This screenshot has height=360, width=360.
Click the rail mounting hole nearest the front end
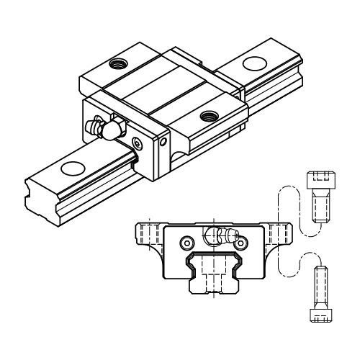pyautogui.click(x=71, y=169)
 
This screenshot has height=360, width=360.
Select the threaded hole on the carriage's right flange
pyautogui.click(x=210, y=115)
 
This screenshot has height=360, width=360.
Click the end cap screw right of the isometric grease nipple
pyautogui.click(x=140, y=143)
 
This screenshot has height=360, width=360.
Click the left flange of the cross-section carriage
pyautogui.click(x=148, y=238)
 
